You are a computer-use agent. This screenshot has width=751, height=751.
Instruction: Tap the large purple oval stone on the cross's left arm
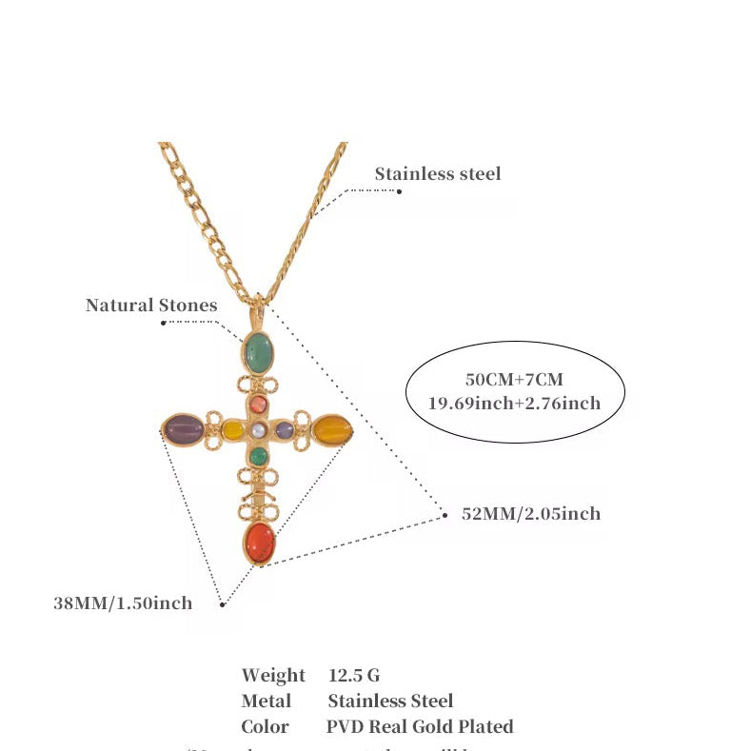click(183, 429)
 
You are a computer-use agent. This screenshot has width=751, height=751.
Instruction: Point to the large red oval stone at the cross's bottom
click(259, 543)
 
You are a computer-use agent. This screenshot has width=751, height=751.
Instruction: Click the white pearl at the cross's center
click(257, 431)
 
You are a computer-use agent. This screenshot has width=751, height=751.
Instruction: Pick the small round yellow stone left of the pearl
click(233, 431)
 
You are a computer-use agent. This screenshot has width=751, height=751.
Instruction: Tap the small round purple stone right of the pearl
click(283, 431)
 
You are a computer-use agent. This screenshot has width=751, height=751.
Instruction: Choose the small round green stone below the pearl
click(257, 456)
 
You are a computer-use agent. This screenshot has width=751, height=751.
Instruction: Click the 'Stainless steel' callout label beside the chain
click(437, 173)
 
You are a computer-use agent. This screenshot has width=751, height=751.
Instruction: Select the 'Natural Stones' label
click(151, 305)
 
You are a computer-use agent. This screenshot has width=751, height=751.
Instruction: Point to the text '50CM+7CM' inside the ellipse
click(515, 380)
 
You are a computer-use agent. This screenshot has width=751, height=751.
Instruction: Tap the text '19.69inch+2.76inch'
click(514, 403)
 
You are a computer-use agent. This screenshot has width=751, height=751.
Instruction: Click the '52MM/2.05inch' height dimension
click(530, 513)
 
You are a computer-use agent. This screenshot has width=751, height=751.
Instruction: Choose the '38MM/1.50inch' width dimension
click(123, 603)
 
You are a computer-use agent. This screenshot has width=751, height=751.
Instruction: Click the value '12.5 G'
click(354, 675)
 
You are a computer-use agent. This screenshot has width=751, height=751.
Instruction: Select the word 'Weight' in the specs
click(273, 675)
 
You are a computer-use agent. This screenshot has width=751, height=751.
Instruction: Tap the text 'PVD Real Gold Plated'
click(420, 726)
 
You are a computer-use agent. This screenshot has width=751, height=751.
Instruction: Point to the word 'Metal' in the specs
click(267, 701)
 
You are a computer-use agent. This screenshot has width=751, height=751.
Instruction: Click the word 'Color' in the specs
click(265, 726)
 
